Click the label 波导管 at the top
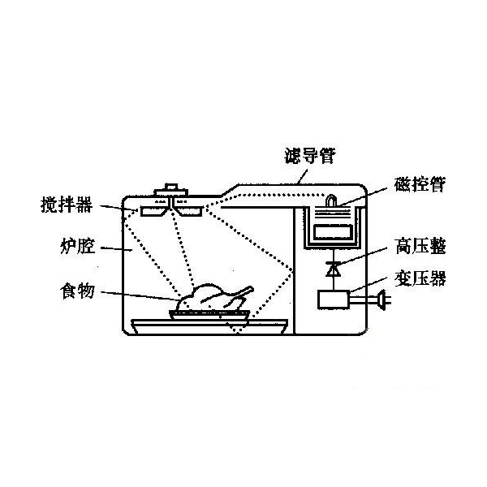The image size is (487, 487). [x=310, y=156]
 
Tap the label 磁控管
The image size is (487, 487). [x=420, y=184]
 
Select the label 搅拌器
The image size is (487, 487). [x=67, y=205]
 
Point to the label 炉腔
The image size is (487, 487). [x=78, y=246]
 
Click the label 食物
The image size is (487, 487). [x=78, y=291]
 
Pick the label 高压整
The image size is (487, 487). [x=420, y=246]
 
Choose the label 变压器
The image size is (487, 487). [x=420, y=278]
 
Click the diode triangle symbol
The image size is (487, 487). [x=333, y=269]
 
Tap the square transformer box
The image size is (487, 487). [x=334, y=300]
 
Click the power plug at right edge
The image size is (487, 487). [x=382, y=300]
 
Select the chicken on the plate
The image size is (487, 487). [x=214, y=297]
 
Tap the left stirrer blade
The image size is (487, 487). [x=153, y=210]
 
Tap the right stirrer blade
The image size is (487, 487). [x=188, y=210]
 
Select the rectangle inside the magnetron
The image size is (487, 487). [x=333, y=232]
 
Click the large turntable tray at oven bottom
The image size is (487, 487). [x=209, y=326]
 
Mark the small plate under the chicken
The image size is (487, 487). [x=209, y=315]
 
